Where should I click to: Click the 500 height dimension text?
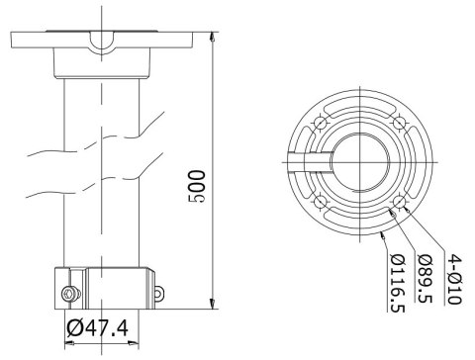coord(198,185)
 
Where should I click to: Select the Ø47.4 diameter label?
coord(102,327)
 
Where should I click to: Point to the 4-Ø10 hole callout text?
coord(454,276)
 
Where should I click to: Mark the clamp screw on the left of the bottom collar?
coord(67,293)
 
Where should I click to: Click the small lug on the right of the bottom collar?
coord(157,293)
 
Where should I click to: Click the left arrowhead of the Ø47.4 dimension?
coord(69,343)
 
